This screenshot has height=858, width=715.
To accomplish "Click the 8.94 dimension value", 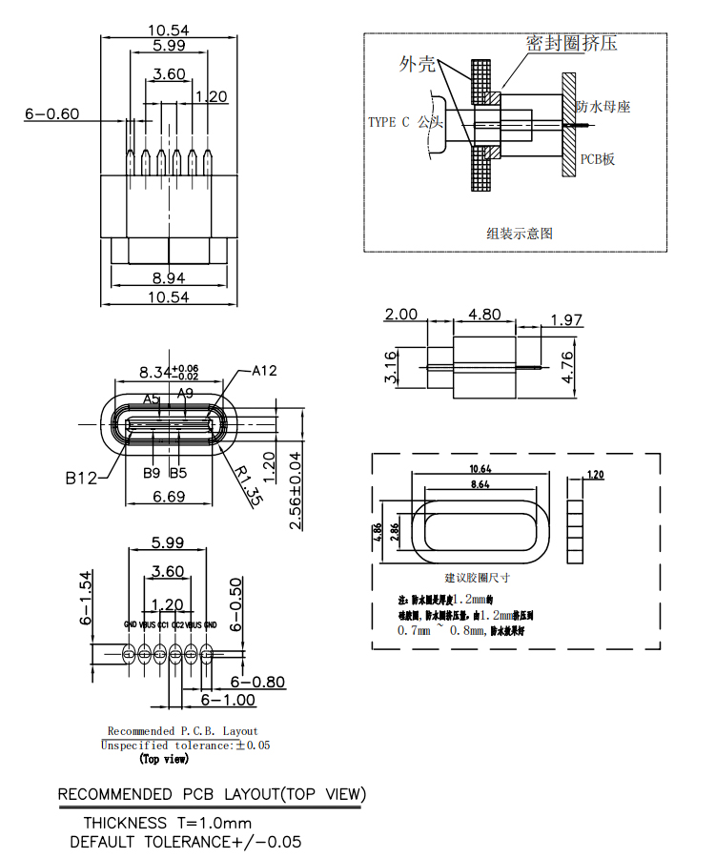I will pyautogui.click(x=170, y=278).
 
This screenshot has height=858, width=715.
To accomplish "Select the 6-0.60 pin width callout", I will pyautogui.click(x=51, y=114).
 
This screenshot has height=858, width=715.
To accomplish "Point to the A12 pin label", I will pyautogui.click(x=264, y=370).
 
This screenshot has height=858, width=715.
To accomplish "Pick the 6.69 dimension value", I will pyautogui.click(x=170, y=496).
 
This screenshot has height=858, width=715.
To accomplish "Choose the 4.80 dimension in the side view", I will pyautogui.click(x=485, y=315).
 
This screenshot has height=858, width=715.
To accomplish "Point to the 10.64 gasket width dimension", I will pyautogui.click(x=480, y=469).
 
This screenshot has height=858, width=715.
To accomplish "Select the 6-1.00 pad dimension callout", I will pyautogui.click(x=228, y=700).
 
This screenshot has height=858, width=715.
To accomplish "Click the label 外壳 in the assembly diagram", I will pyautogui.click(x=418, y=64).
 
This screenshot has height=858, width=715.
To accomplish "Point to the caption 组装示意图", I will pyautogui.click(x=520, y=233).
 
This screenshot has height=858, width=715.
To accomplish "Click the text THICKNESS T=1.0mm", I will pyautogui.click(x=168, y=823).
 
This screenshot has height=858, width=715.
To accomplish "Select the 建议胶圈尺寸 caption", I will pyautogui.click(x=478, y=578).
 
